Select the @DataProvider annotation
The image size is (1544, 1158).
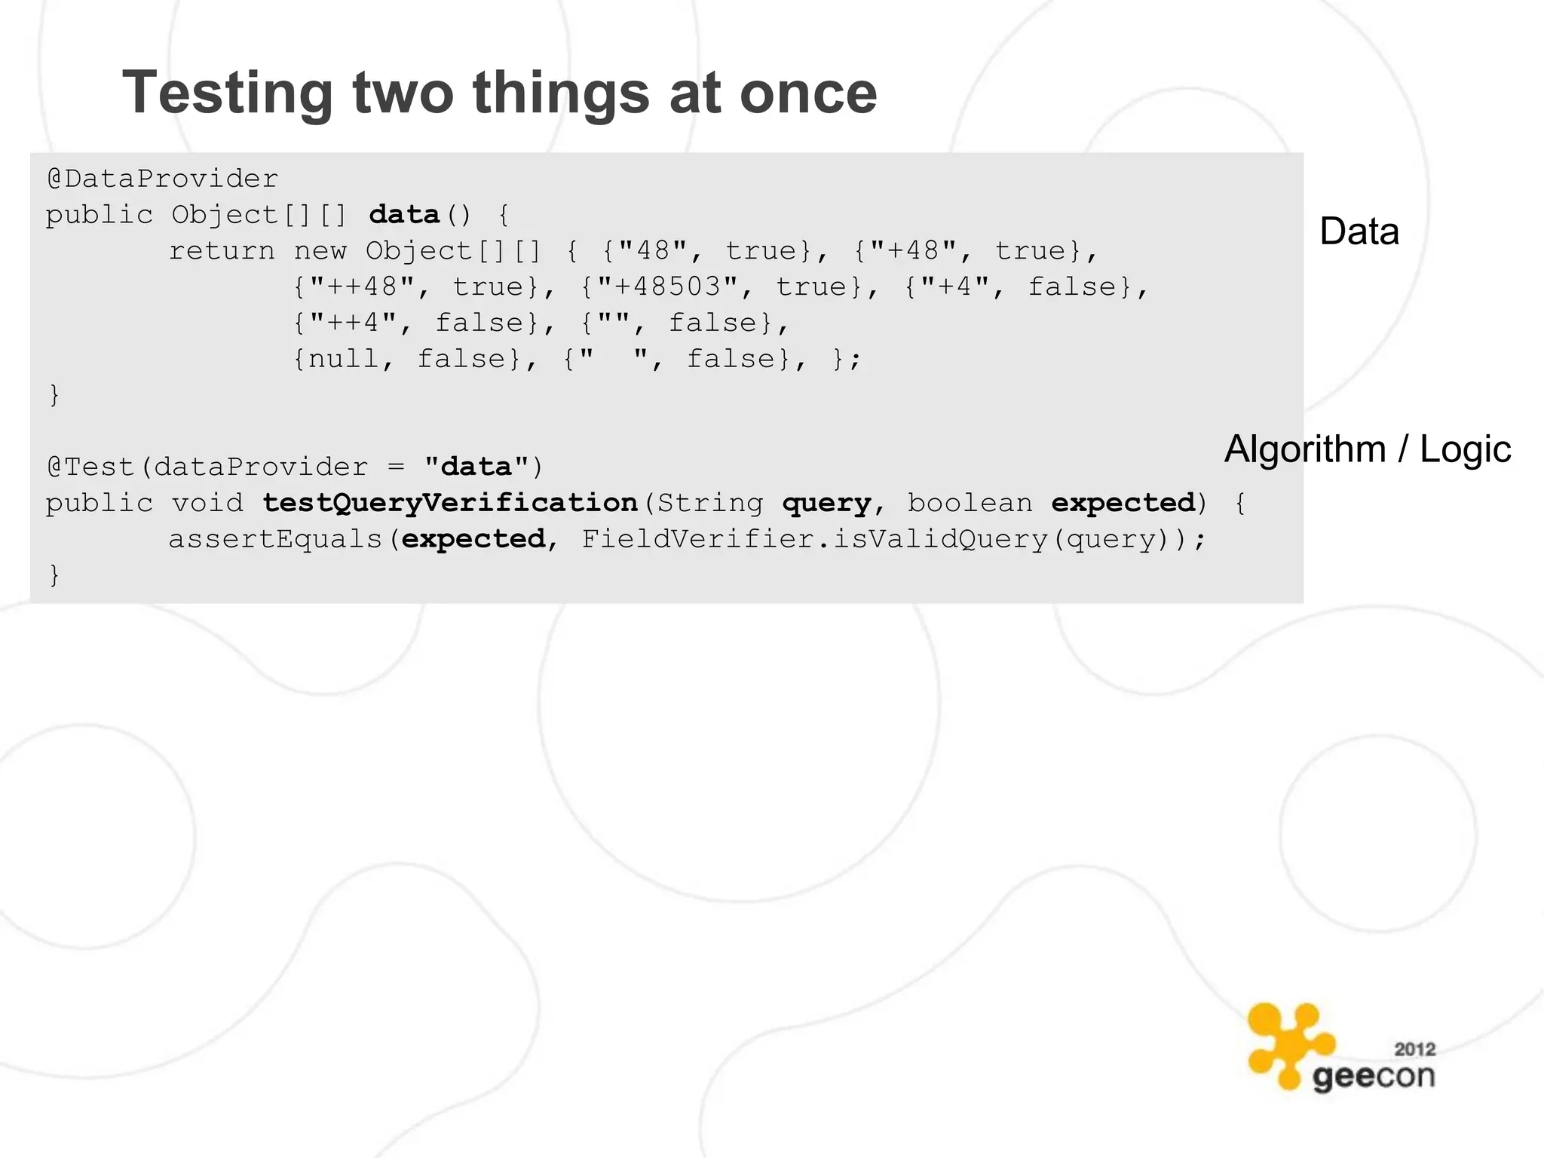point(163,179)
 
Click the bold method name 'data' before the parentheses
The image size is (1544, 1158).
point(404,216)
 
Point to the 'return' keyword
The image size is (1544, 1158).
point(222,251)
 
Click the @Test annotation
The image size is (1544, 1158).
point(90,467)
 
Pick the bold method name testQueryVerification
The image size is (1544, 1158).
point(450,504)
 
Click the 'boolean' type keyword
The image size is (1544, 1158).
point(970,504)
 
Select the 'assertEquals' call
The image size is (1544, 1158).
point(276,540)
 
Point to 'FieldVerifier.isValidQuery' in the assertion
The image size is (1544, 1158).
point(814,540)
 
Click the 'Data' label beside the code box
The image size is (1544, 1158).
point(1359,231)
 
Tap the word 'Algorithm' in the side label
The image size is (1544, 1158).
point(1305,449)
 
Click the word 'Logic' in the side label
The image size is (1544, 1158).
point(1465,449)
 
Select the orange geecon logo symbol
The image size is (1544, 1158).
point(1288,1044)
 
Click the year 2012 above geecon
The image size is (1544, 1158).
point(1414,1049)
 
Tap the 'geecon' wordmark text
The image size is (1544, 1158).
point(1373,1077)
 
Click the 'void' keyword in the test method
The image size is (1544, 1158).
point(207,504)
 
